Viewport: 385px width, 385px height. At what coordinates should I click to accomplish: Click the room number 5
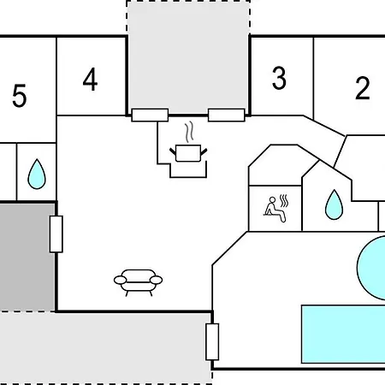coord(20,96)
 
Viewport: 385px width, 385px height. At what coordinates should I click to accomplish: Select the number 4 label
coord(90,80)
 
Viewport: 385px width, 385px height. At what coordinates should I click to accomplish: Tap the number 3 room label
coord(279,78)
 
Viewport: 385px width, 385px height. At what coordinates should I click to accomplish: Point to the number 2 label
coord(363,88)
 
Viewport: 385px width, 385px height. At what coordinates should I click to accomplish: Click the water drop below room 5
coord(37,175)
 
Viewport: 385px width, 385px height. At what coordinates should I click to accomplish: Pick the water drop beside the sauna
coord(334,204)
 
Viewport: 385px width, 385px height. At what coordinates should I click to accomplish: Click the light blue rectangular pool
coord(343,335)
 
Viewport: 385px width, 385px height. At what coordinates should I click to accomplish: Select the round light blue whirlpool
coord(371,268)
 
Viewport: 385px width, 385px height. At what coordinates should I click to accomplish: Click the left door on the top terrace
coord(150,115)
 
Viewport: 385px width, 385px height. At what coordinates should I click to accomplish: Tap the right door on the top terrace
coord(227,115)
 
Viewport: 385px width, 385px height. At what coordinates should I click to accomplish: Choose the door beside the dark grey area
coord(56,234)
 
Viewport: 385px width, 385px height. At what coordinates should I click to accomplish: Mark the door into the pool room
coord(212,341)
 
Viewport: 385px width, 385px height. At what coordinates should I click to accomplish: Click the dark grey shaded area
coord(27,257)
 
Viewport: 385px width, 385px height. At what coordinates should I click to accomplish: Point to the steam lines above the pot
coord(189,132)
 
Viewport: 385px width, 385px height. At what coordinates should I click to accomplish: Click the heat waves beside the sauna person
coord(284,201)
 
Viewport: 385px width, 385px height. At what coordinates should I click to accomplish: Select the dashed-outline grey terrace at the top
coord(188,57)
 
